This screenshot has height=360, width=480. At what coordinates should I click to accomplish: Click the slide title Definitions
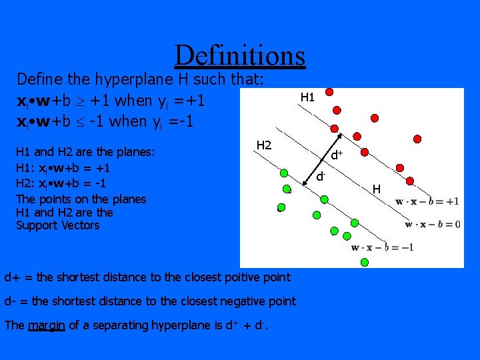(239, 55)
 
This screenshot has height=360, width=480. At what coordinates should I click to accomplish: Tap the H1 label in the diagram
(307, 97)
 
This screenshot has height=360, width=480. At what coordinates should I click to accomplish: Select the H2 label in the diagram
(265, 145)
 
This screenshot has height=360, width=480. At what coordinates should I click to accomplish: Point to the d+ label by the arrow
(337, 155)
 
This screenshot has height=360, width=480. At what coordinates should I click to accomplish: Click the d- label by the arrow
(321, 177)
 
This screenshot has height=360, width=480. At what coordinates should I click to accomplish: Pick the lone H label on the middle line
(377, 189)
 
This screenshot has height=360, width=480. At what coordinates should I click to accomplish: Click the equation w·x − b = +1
(427, 202)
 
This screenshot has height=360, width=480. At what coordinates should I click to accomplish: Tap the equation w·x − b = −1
(383, 248)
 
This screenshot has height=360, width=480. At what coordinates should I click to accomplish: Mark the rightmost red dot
(418, 139)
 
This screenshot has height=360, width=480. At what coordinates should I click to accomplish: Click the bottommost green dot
(364, 262)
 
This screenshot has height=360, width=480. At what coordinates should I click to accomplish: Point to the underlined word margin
(46, 325)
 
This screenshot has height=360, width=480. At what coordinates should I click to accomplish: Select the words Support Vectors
(57, 225)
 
